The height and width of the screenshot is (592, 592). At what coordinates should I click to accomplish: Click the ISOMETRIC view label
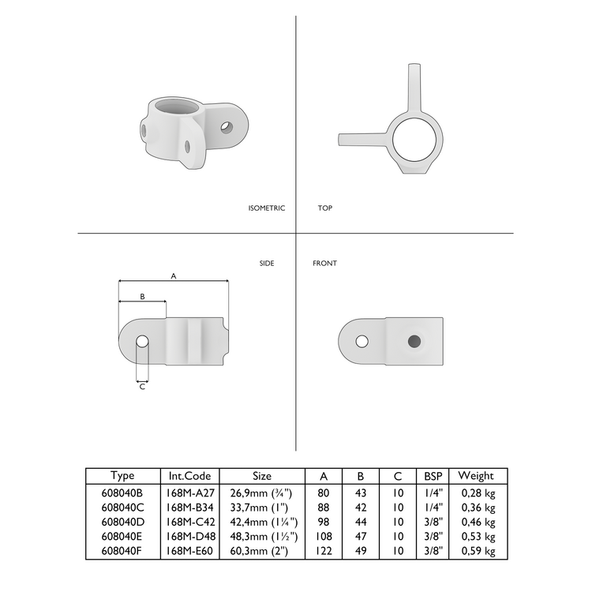(266, 208)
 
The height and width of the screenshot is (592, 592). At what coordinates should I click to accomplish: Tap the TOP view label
(325, 208)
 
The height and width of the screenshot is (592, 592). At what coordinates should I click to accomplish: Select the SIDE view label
(267, 264)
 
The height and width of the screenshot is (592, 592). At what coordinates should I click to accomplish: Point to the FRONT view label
(324, 264)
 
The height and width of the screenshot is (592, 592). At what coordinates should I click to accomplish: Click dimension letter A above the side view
(173, 275)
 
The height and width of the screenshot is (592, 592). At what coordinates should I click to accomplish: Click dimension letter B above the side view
(142, 296)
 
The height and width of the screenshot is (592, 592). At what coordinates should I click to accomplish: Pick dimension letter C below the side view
(142, 387)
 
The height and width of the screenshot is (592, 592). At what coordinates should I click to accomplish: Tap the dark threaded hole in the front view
(414, 341)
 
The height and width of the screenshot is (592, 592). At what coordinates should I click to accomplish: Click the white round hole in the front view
(362, 341)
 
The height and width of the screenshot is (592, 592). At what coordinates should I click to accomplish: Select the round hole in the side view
(142, 342)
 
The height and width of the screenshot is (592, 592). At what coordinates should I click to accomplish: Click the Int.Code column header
(189, 476)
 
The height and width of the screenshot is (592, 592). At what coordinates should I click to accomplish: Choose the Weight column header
(476, 476)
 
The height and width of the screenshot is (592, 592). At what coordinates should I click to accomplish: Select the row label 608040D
(122, 522)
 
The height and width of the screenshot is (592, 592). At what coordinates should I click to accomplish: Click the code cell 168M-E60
(189, 551)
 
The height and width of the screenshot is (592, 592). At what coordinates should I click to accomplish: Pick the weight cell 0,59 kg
(478, 551)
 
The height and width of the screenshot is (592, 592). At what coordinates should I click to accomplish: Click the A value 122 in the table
(324, 551)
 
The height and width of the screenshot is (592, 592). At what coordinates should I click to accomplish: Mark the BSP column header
(433, 476)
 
